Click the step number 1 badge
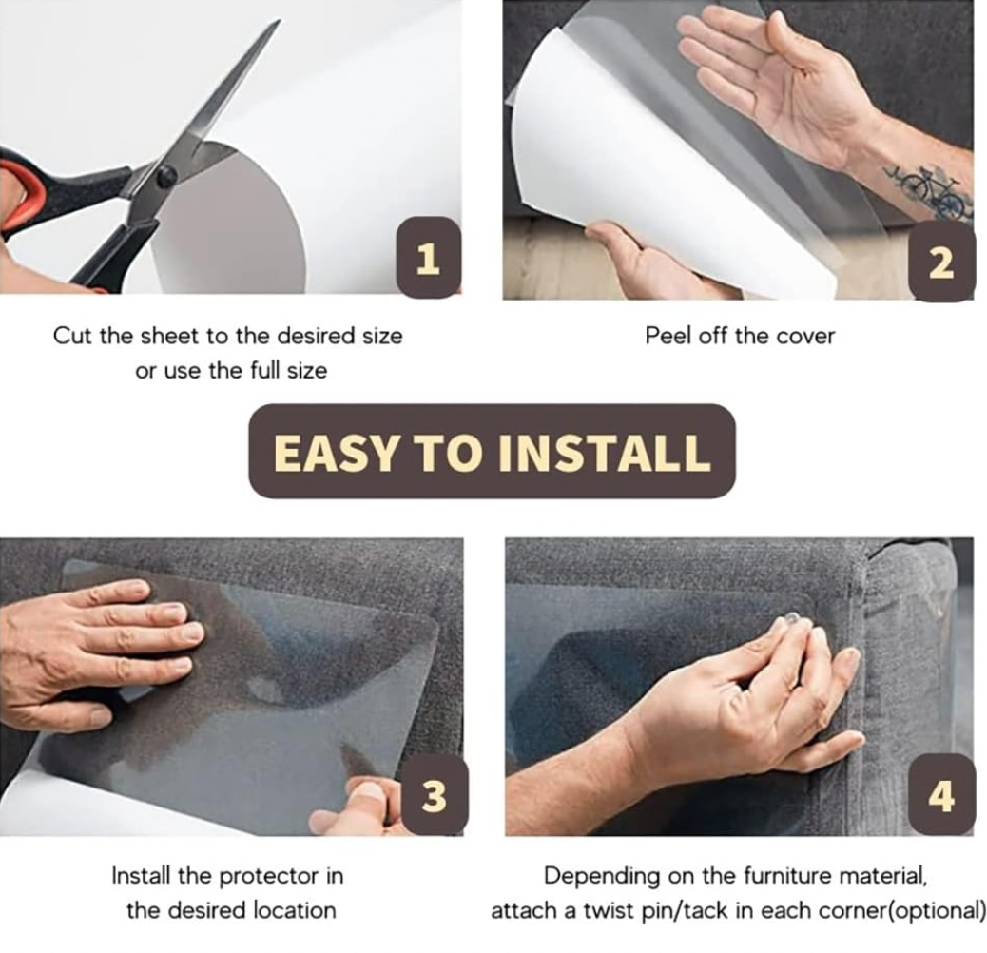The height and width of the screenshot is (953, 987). click(x=429, y=257)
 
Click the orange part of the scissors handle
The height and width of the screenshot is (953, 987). click(x=19, y=189)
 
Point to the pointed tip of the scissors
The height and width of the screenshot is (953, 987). click(x=279, y=20)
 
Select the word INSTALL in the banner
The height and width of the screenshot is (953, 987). click(x=604, y=453)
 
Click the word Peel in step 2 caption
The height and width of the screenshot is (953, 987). click(x=666, y=336)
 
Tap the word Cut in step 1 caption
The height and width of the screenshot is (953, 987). click(x=73, y=336)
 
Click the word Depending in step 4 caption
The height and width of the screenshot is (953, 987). click(x=601, y=877)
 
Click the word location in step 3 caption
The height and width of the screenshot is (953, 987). click(x=294, y=911)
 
